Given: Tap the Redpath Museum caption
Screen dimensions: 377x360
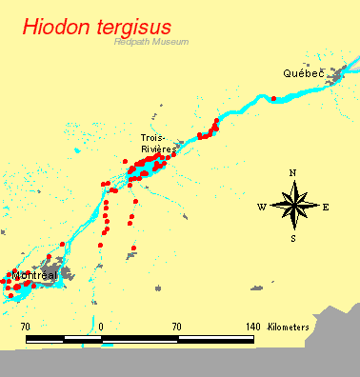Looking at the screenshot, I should point(150,43).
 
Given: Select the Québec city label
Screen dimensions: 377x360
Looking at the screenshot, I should point(303,73).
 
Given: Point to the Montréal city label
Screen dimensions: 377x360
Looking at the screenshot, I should point(35,275).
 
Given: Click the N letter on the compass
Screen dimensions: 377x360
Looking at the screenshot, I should point(293,172).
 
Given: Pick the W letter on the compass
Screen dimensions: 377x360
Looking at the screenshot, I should point(261,207).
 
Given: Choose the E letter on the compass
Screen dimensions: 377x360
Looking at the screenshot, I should point(326,207).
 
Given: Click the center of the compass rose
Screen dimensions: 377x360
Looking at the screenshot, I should point(293,205).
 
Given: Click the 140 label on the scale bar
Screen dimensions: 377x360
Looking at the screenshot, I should point(252,327).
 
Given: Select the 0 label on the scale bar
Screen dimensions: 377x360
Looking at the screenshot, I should point(101,327).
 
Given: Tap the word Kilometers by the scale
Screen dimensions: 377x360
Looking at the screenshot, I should point(289,327).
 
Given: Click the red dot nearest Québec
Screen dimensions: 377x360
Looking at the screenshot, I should point(273,98).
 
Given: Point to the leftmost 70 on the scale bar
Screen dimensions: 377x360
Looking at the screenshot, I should point(26,327).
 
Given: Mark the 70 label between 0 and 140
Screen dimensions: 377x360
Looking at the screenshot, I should point(177,327).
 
